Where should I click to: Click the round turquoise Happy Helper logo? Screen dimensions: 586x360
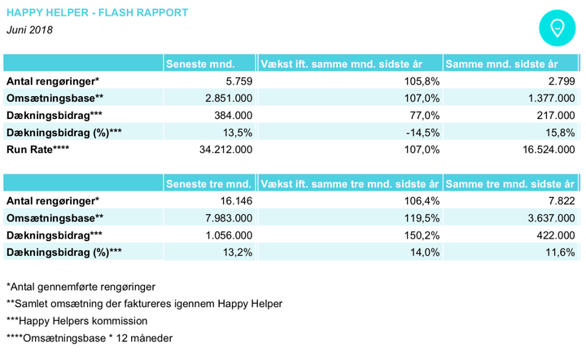click(x=557, y=28)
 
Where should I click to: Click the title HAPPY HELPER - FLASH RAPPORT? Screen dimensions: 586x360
click(x=97, y=13)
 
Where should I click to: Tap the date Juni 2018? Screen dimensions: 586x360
click(x=29, y=30)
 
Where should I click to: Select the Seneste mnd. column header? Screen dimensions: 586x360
click(x=200, y=64)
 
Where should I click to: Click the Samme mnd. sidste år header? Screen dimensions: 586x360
click(x=501, y=64)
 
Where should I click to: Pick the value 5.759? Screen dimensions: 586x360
click(x=238, y=81)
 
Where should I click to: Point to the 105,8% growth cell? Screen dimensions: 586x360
click(x=422, y=81)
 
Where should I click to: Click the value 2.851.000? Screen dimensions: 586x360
click(x=229, y=99)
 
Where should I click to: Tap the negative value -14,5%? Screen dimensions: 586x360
click(x=422, y=133)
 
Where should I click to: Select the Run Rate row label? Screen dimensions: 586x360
click(x=37, y=150)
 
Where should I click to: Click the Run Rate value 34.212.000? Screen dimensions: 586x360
click(x=225, y=150)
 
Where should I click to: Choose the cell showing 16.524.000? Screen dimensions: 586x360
click(x=549, y=150)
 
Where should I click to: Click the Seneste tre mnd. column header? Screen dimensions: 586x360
click(x=208, y=184)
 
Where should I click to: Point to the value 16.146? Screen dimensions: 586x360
click(x=236, y=200)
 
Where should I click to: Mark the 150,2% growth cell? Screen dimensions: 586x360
click(x=422, y=235)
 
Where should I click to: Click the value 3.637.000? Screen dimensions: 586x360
click(x=551, y=218)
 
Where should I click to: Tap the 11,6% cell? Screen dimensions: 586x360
click(x=560, y=252)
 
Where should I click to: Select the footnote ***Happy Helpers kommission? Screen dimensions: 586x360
click(x=77, y=321)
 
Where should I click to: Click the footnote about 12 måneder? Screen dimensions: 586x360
click(x=90, y=338)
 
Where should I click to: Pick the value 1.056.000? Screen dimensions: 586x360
click(x=229, y=235)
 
